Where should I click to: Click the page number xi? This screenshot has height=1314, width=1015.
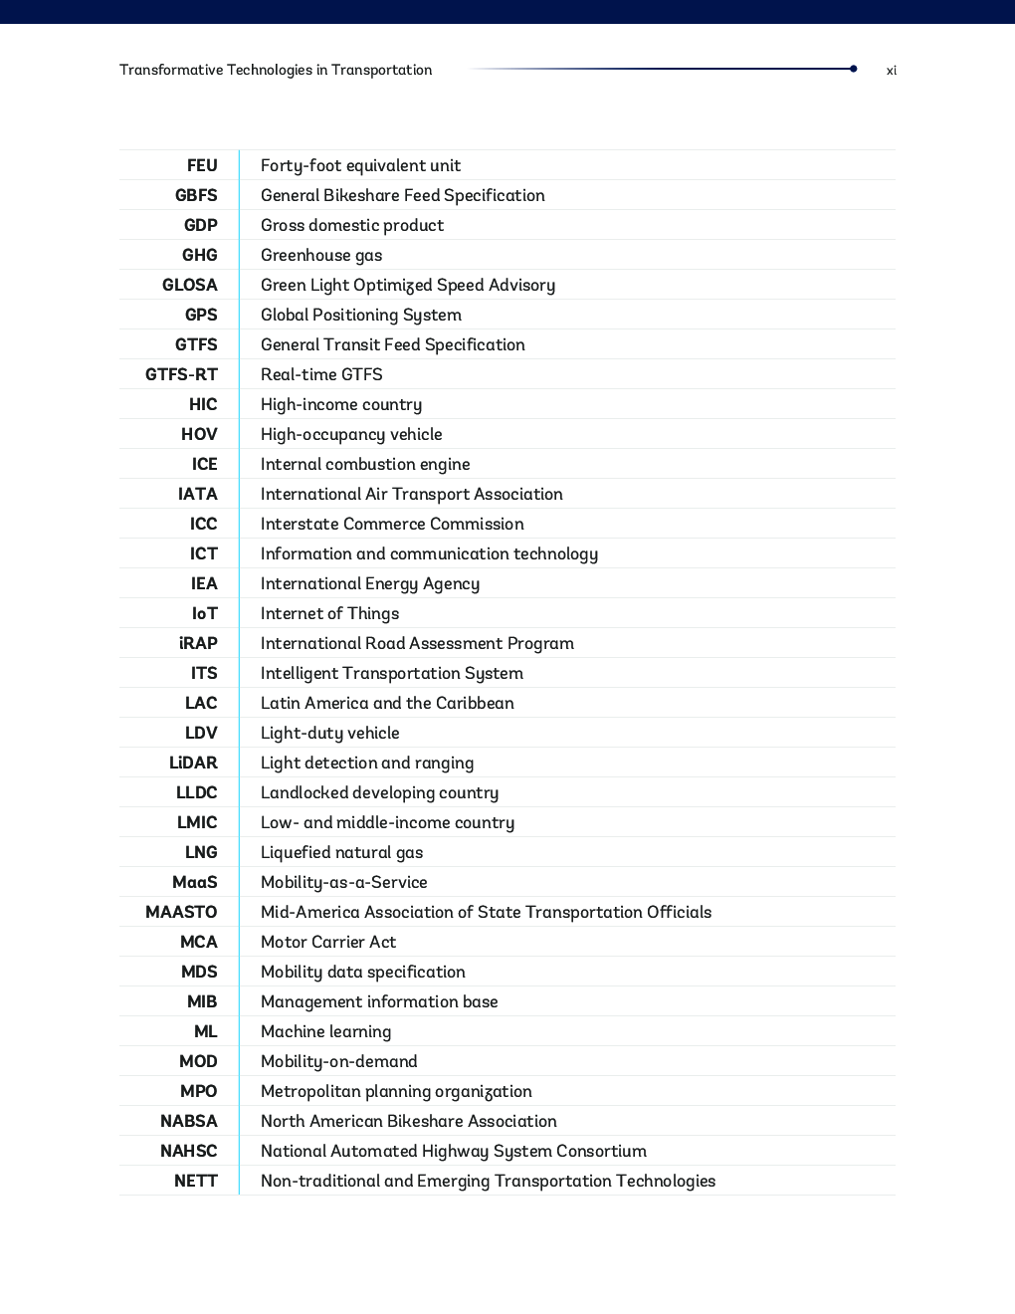tap(892, 71)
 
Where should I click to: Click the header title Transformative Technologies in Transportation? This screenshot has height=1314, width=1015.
tap(276, 70)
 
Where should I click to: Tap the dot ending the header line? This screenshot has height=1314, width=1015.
tap(854, 69)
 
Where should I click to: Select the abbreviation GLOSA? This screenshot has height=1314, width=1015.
tap(190, 285)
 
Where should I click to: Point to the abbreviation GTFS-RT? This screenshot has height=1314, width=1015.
tap(181, 374)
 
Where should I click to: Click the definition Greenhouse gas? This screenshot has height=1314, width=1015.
tap(321, 255)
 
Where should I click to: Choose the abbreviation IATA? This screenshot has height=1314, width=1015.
tap(198, 494)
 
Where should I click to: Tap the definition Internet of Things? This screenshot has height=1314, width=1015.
tap(329, 613)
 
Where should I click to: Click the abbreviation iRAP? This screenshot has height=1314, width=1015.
tap(198, 643)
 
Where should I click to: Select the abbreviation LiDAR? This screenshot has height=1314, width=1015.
tap(193, 763)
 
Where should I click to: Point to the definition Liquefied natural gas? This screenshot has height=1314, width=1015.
tap(341, 852)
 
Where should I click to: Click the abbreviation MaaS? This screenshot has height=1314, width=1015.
tap(195, 882)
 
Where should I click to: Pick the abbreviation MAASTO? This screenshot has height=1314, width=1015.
tap(181, 912)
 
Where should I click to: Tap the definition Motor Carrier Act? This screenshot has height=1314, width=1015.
tap(328, 942)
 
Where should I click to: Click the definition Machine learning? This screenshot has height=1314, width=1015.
tap(325, 1031)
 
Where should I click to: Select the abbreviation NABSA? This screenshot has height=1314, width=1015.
tap(189, 1121)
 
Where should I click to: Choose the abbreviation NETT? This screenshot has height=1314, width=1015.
tap(196, 1181)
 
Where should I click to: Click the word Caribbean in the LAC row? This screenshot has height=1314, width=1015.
tap(475, 703)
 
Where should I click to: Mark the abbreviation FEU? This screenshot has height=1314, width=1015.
tap(202, 165)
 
